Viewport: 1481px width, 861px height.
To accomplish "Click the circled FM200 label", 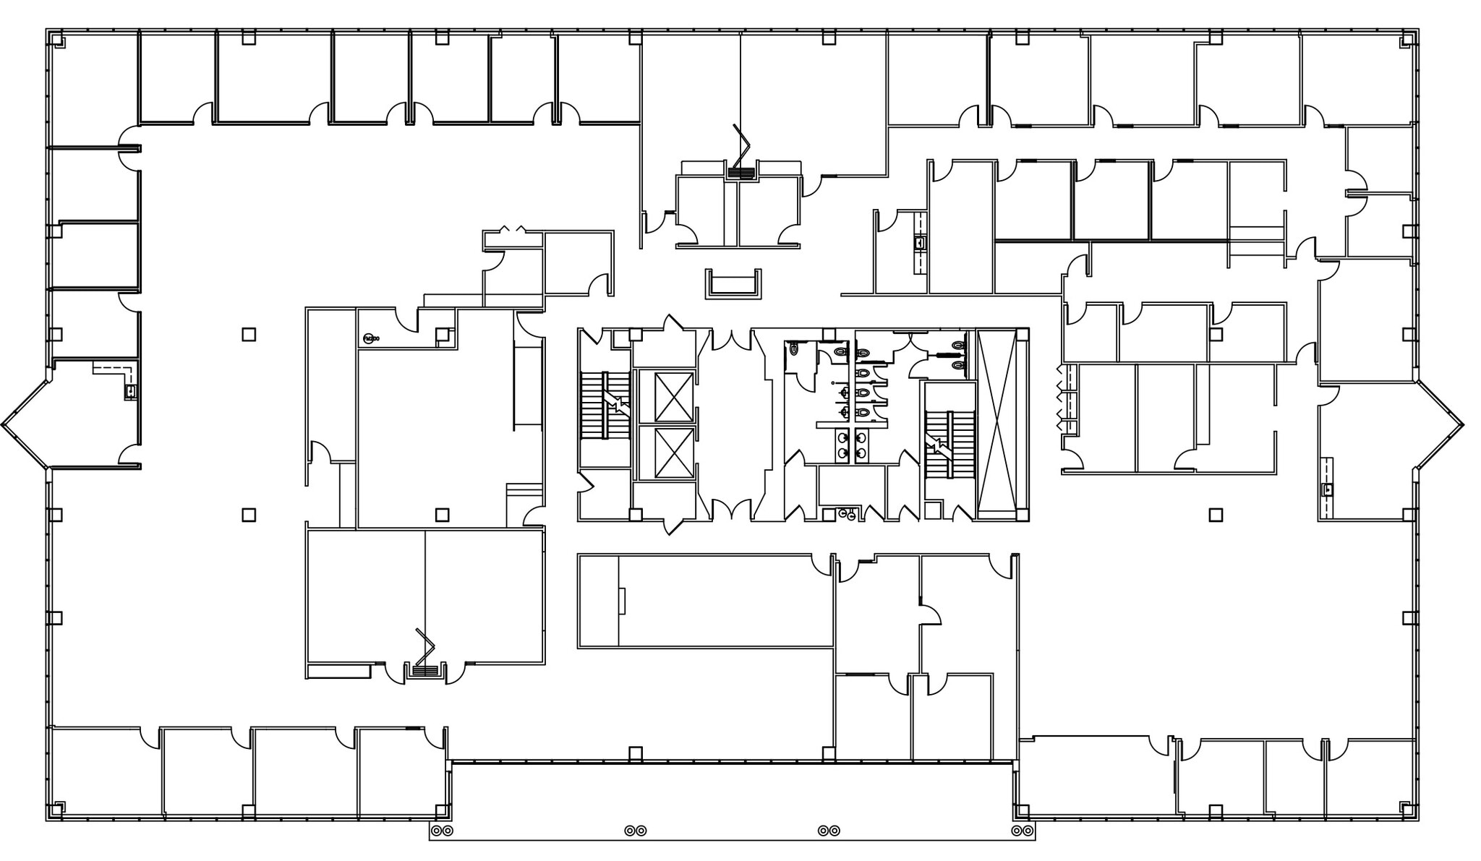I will (370, 338).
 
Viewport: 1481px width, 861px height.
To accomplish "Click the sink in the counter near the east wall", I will (1326, 489).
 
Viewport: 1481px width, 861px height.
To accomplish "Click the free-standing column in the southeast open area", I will (1216, 515).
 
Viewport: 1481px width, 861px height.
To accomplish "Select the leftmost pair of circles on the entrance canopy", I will (443, 831).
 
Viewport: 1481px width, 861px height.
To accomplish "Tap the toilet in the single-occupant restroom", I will (795, 348).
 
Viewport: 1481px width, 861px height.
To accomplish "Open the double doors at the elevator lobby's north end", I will (732, 340).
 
